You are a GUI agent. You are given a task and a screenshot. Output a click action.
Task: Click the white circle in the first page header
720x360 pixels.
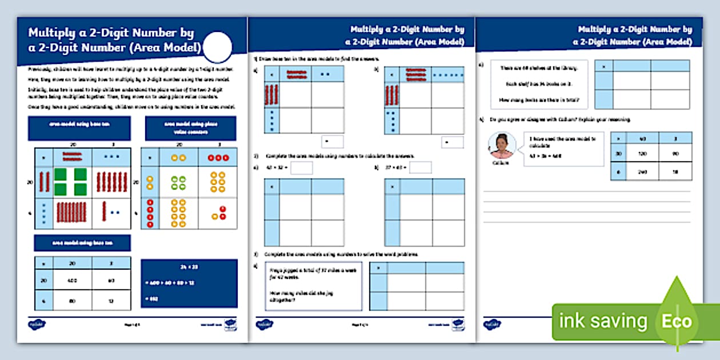pyautogui.click(x=218, y=47)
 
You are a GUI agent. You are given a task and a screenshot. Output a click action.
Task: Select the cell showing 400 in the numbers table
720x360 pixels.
pyautogui.click(x=73, y=280)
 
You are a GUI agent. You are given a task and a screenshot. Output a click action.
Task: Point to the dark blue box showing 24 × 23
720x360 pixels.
pyautogui.click(x=189, y=283)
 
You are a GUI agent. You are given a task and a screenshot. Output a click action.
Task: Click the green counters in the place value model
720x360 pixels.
pyautogui.click(x=178, y=182)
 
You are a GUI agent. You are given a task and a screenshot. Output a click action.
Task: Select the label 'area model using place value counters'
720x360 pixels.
pyautogui.click(x=190, y=128)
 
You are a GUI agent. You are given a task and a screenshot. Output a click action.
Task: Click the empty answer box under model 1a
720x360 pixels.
pyautogui.click(x=333, y=141)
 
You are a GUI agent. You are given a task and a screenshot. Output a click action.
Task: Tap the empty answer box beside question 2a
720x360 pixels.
pyautogui.click(x=301, y=167)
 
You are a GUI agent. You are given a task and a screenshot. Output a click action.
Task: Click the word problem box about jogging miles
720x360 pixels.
pyautogui.click(x=313, y=286)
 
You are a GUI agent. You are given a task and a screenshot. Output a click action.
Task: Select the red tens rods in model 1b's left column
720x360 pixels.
pyautogui.click(x=391, y=94)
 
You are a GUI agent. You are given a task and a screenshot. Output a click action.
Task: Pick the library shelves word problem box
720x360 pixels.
pyautogui.click(x=539, y=84)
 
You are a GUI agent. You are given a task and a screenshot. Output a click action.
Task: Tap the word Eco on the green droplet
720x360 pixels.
pyautogui.click(x=677, y=322)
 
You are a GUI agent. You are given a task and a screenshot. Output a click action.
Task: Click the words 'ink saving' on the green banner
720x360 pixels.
pyautogui.click(x=602, y=321)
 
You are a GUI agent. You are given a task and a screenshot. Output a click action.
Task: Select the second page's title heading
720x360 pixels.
pyautogui.click(x=406, y=35)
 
